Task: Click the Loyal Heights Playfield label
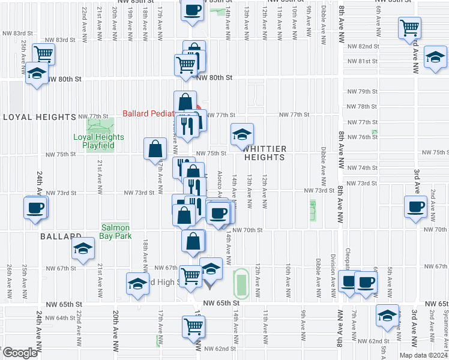click(x=98, y=141)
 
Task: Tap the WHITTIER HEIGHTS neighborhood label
click(x=264, y=152)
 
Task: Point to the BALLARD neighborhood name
click(x=61, y=237)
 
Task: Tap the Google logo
click(x=20, y=353)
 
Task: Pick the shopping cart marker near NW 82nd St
click(x=409, y=27)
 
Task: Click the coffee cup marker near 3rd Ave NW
click(x=415, y=206)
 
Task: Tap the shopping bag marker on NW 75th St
click(x=155, y=149)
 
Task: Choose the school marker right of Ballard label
click(x=83, y=249)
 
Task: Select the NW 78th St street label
click(x=363, y=106)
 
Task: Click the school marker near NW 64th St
click(x=387, y=315)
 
